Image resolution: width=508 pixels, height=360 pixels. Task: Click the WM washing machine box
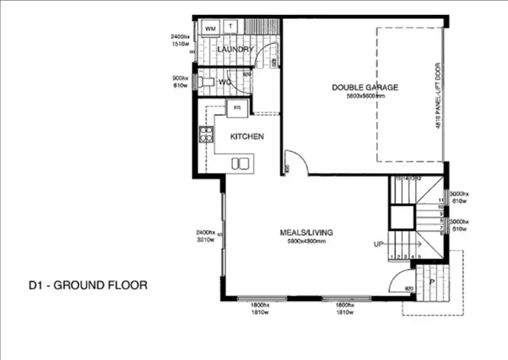[211, 28]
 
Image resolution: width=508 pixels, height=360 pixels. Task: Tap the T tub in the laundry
[231, 27]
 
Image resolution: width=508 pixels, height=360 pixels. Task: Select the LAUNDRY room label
[235, 49]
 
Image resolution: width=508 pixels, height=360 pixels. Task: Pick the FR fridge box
[237, 108]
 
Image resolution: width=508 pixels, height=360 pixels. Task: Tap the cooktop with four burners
[205, 134]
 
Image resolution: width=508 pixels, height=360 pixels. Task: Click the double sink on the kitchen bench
[239, 163]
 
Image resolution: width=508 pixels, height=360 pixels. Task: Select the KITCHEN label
[247, 137]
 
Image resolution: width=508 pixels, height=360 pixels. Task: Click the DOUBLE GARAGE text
[364, 87]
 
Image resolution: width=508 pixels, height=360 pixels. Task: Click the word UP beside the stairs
[379, 243]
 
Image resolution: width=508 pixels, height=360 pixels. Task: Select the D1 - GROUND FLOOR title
[87, 285]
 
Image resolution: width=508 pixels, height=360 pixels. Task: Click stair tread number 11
[440, 201]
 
